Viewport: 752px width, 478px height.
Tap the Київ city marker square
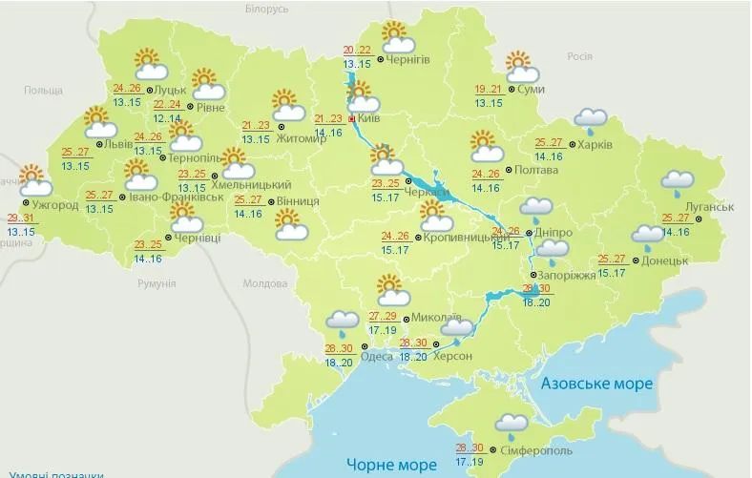tap(352, 119)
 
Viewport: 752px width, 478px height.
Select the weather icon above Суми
tap(519, 67)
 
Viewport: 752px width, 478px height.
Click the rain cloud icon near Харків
tap(591, 120)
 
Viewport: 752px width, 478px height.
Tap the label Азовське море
tap(596, 384)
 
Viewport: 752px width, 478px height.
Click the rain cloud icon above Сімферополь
tap(512, 426)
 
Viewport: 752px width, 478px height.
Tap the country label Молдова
tap(264, 283)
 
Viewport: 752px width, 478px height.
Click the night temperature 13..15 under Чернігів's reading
tap(357, 64)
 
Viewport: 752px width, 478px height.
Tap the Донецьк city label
tap(665, 260)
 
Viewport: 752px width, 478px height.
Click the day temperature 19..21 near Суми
tap(488, 90)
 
